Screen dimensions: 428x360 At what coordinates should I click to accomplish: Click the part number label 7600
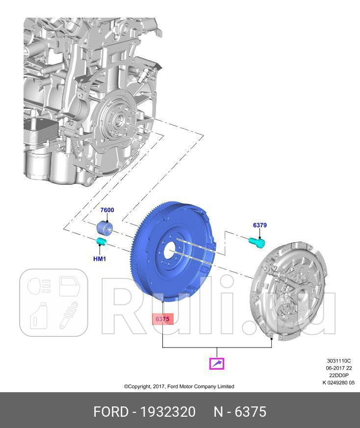(x=107, y=210)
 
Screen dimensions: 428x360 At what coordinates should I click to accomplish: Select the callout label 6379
(x=259, y=226)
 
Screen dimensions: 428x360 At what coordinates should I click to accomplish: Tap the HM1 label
(x=100, y=259)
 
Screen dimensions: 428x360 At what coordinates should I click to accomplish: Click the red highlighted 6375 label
(x=162, y=319)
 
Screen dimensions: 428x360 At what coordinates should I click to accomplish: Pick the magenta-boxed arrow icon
(x=217, y=363)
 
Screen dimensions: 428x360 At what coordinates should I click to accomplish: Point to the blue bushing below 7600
(x=104, y=228)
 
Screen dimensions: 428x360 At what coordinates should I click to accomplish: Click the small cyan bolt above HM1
(x=101, y=242)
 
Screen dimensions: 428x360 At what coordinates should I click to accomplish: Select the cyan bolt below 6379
(x=257, y=242)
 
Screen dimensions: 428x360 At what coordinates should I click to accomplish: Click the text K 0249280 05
(x=338, y=383)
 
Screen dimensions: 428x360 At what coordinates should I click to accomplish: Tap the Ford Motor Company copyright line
(x=179, y=386)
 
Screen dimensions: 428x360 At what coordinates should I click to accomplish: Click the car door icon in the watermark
(x=69, y=286)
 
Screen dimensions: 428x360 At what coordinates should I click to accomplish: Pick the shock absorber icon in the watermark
(x=69, y=314)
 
